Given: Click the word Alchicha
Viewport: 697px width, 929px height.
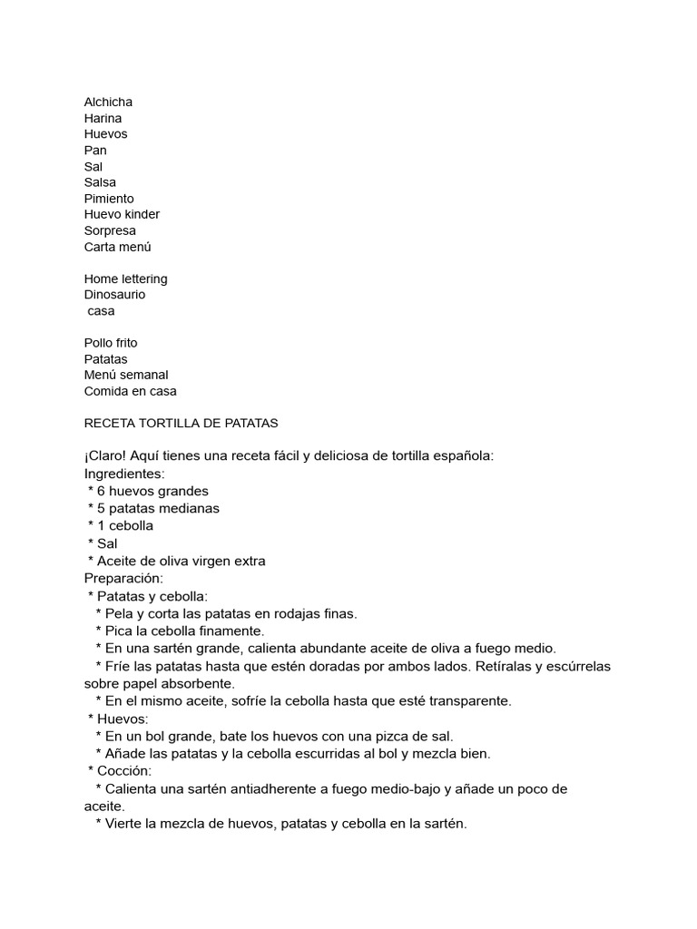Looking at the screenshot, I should click(x=108, y=103).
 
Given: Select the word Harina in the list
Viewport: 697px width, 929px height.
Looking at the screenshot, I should click(x=103, y=119).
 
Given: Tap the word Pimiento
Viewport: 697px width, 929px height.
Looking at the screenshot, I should click(x=109, y=199).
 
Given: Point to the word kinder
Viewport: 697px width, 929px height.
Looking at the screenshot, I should click(x=142, y=215).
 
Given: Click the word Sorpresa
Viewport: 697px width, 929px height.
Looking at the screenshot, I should click(x=110, y=230).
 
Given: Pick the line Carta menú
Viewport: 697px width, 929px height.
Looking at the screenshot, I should click(x=117, y=247).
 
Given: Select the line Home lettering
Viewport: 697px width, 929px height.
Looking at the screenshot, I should click(x=125, y=279).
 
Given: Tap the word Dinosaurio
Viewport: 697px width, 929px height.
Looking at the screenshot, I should click(x=114, y=295).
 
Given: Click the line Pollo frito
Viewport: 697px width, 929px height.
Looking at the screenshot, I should click(x=111, y=344).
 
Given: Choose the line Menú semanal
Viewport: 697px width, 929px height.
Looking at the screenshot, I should click(x=126, y=376).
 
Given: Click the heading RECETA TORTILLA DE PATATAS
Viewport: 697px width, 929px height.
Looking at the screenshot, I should click(x=181, y=424).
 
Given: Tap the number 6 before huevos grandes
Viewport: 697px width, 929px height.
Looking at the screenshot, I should click(x=102, y=492).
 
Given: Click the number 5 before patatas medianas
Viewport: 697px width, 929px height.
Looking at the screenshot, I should click(x=102, y=509).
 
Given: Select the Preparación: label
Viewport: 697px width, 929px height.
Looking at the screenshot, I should click(x=123, y=579).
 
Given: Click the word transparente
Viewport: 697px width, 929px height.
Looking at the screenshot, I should click(x=467, y=701).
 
